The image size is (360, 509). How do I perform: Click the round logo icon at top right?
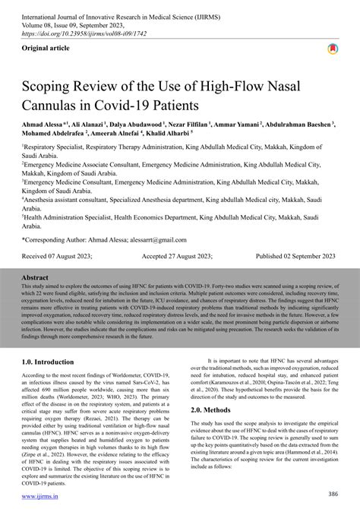(332, 49)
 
